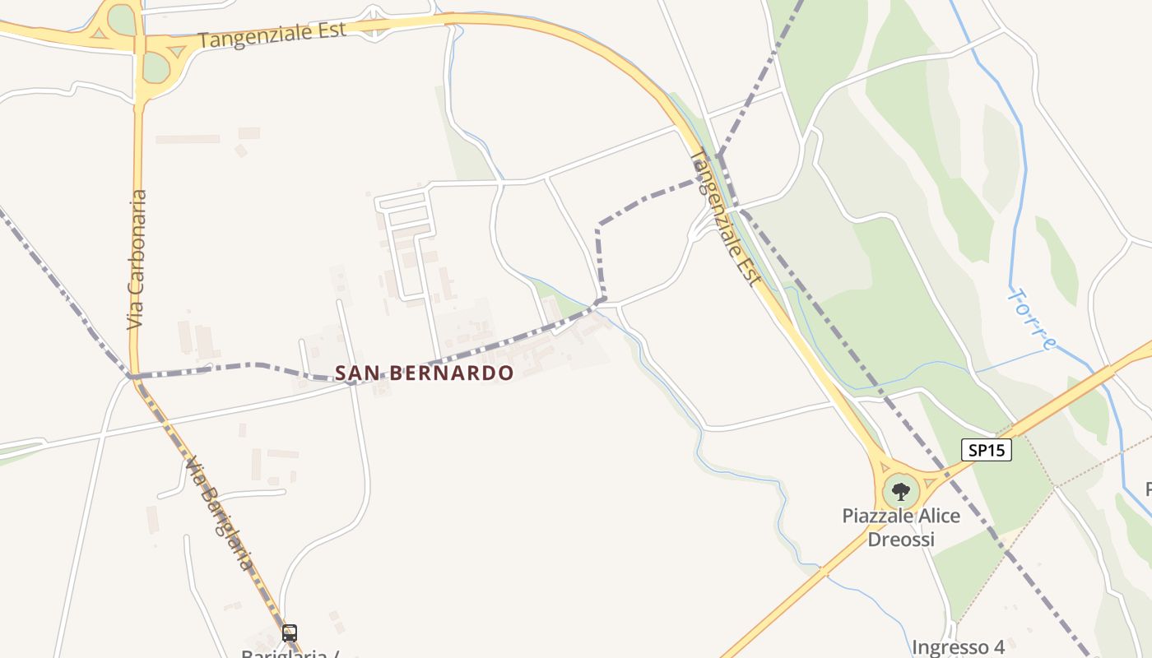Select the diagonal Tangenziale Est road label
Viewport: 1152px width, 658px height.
(725, 217)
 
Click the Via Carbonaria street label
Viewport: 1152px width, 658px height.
(137, 260)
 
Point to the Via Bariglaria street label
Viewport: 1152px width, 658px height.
(218, 513)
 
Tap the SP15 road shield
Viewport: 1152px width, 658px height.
(986, 450)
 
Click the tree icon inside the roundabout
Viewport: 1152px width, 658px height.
(901, 492)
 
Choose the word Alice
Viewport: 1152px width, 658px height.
(937, 517)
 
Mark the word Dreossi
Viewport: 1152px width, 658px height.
(901, 540)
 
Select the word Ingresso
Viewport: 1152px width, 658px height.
(947, 647)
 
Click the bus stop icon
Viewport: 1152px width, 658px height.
(290, 633)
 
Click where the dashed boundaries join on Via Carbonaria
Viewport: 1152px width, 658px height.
(132, 376)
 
